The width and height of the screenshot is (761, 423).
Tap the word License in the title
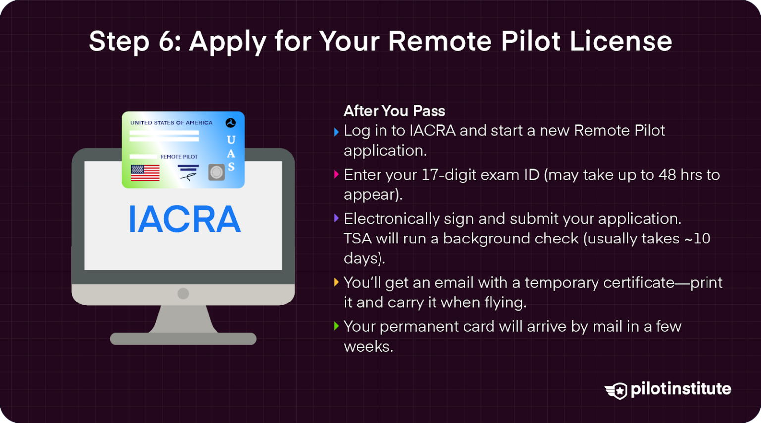click(620, 41)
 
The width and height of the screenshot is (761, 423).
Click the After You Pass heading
click(394, 111)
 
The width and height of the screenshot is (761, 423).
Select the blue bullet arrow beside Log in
click(336, 132)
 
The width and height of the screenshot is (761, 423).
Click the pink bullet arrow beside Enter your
click(336, 174)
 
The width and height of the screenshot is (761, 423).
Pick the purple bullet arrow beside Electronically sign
click(336, 218)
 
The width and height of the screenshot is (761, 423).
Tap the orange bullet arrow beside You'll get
click(336, 282)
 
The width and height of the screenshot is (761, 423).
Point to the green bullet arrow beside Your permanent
click(336, 326)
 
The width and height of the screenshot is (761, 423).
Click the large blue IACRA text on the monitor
click(184, 219)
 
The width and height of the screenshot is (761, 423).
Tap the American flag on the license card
click(145, 173)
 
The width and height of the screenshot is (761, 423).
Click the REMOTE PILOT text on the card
click(179, 157)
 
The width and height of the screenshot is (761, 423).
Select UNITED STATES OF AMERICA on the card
click(171, 123)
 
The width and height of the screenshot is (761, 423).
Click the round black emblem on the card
click(231, 122)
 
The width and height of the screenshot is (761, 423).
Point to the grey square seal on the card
click(217, 172)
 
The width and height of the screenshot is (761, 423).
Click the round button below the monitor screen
click(183, 293)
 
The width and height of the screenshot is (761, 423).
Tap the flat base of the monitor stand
click(183, 339)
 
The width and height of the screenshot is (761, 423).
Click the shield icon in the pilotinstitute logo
click(617, 391)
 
